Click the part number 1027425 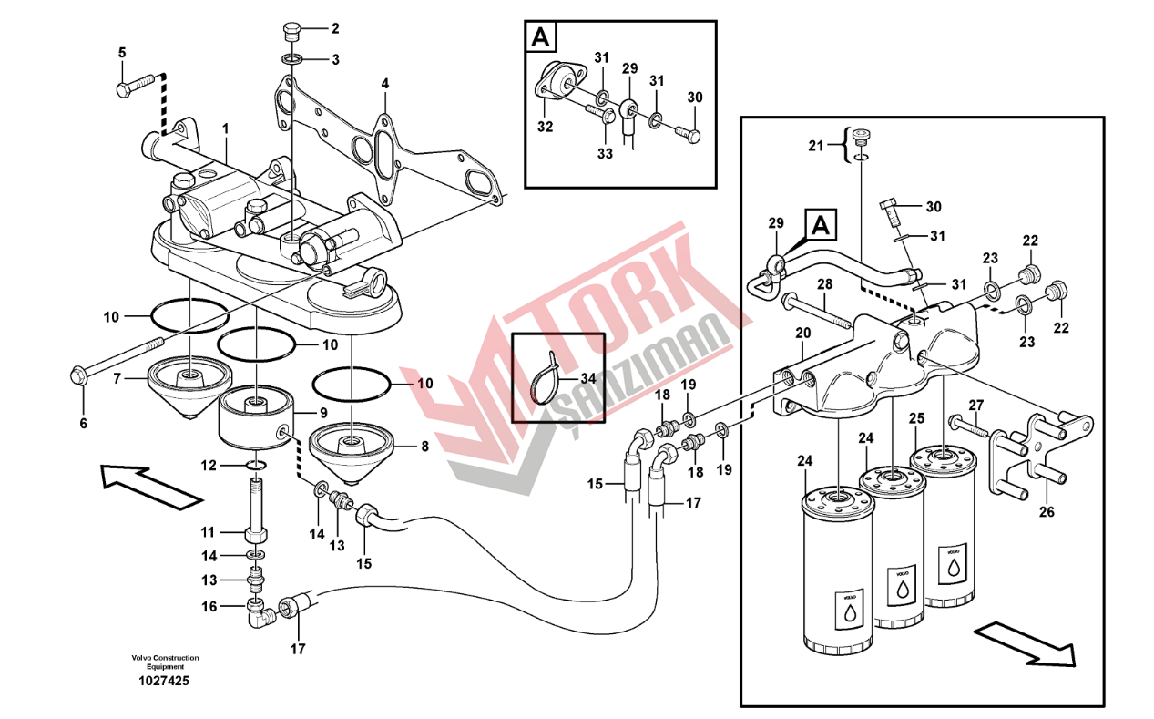164,681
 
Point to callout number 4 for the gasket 385,83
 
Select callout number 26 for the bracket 1047,511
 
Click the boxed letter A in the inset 540,37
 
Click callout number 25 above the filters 916,418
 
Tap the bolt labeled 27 966,423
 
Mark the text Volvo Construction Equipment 164,662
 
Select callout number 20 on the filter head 802,333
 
